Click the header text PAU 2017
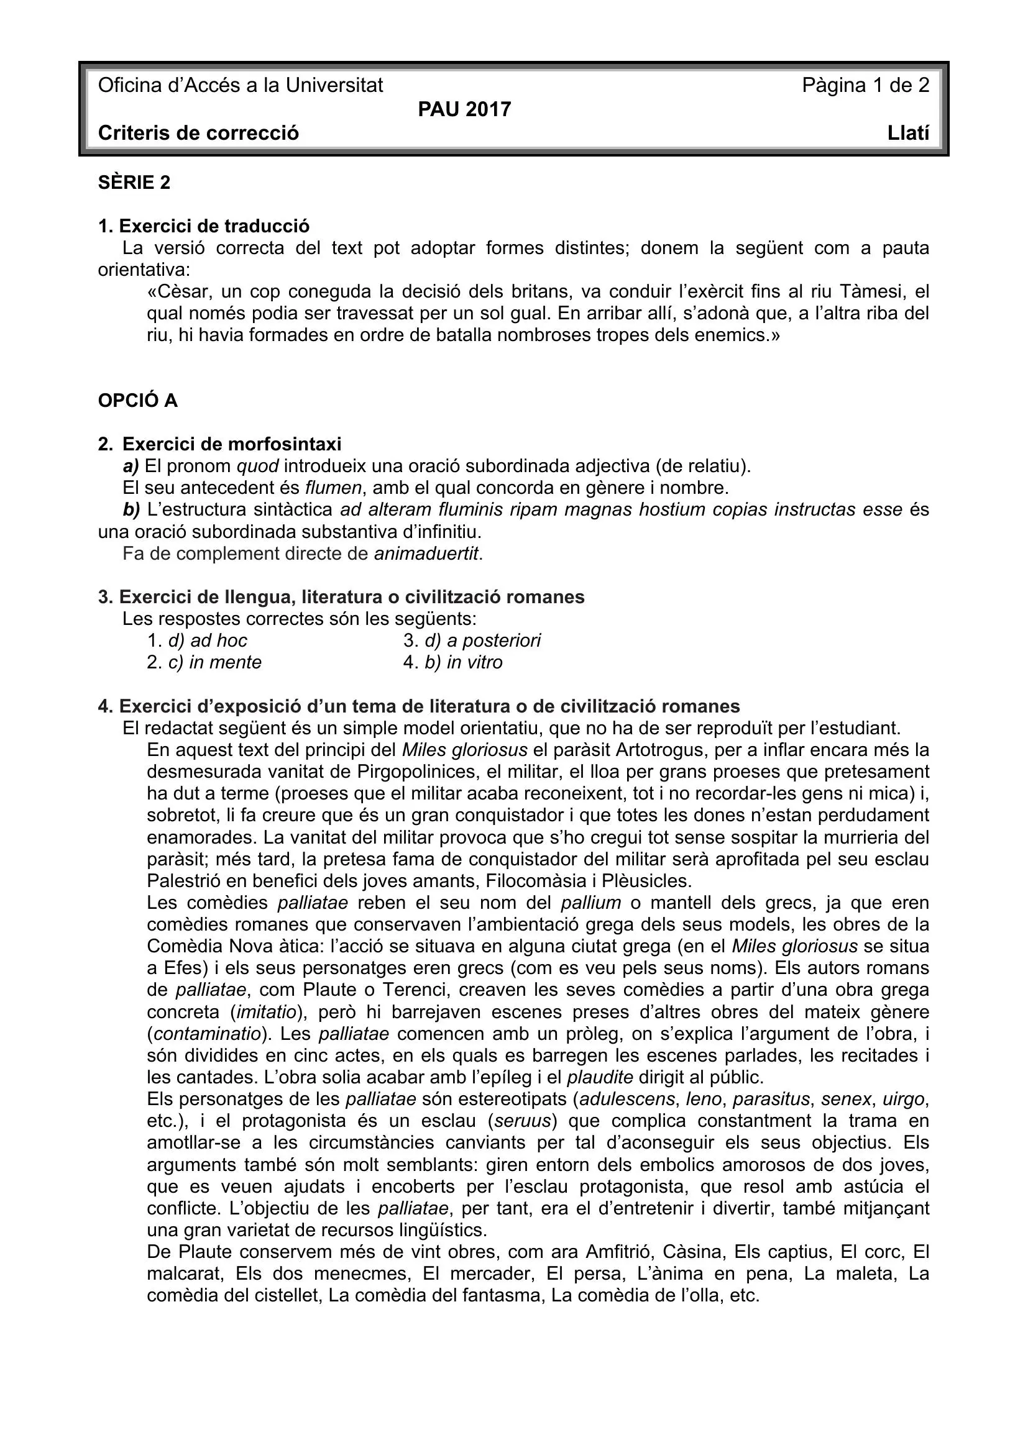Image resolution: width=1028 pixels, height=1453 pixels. (x=464, y=109)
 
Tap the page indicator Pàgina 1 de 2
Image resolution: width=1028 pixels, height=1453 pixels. (x=865, y=86)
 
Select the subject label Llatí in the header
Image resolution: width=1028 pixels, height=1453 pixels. (x=909, y=134)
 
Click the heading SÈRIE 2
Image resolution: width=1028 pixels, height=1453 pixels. (x=134, y=183)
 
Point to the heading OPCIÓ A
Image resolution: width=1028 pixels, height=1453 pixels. (x=138, y=401)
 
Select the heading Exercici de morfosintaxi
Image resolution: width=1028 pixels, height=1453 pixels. (x=231, y=444)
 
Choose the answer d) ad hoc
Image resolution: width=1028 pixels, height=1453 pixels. (x=207, y=640)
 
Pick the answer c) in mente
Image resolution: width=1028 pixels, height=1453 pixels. (x=214, y=663)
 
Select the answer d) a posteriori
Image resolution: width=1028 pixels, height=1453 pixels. (x=482, y=640)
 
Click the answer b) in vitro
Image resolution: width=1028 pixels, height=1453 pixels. (x=464, y=663)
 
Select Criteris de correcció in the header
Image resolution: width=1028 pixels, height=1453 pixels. (x=198, y=134)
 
